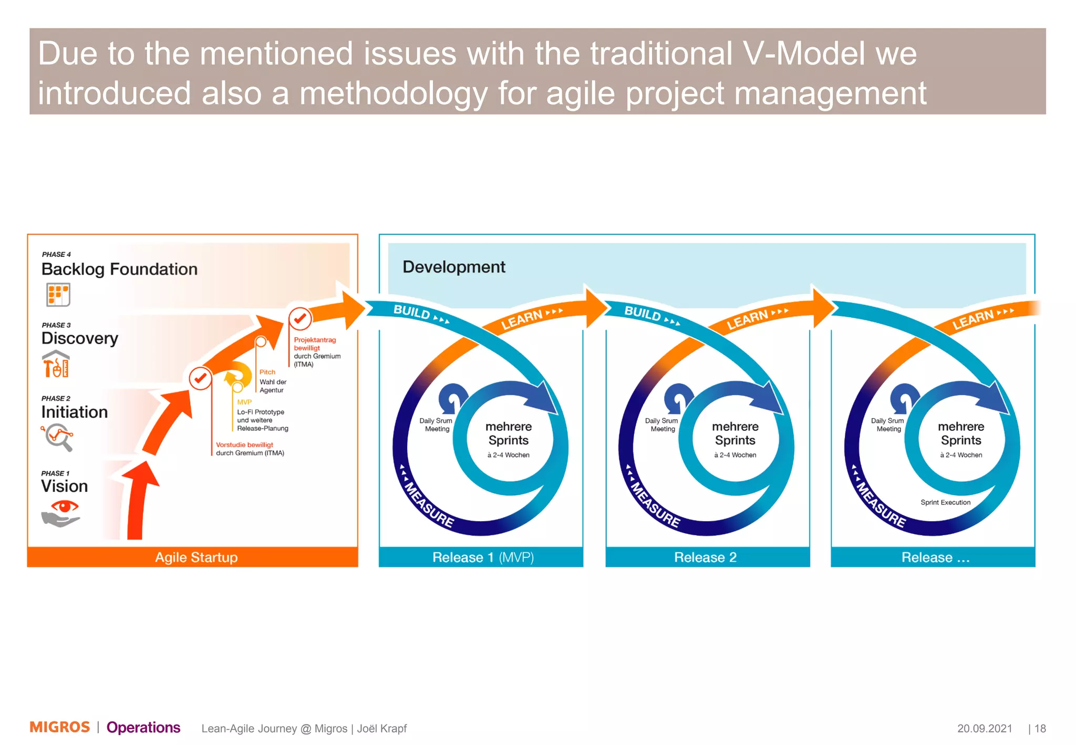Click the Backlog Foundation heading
[x=119, y=269]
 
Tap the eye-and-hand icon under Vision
[x=61, y=513]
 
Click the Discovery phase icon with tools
[x=56, y=364]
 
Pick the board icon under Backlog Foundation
[x=58, y=295]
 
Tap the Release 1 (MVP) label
[x=482, y=557]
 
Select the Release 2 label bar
[x=706, y=557]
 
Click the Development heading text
[x=453, y=267]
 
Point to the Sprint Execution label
[x=945, y=502]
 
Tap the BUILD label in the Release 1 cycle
[x=412, y=312]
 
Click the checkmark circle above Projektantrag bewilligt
[x=300, y=318]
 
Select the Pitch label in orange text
[x=267, y=372]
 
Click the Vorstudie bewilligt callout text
[x=244, y=444]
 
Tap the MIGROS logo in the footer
[x=59, y=727]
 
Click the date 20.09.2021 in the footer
[x=984, y=728]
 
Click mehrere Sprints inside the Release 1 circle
[x=508, y=433]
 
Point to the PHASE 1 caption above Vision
[x=55, y=473]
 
